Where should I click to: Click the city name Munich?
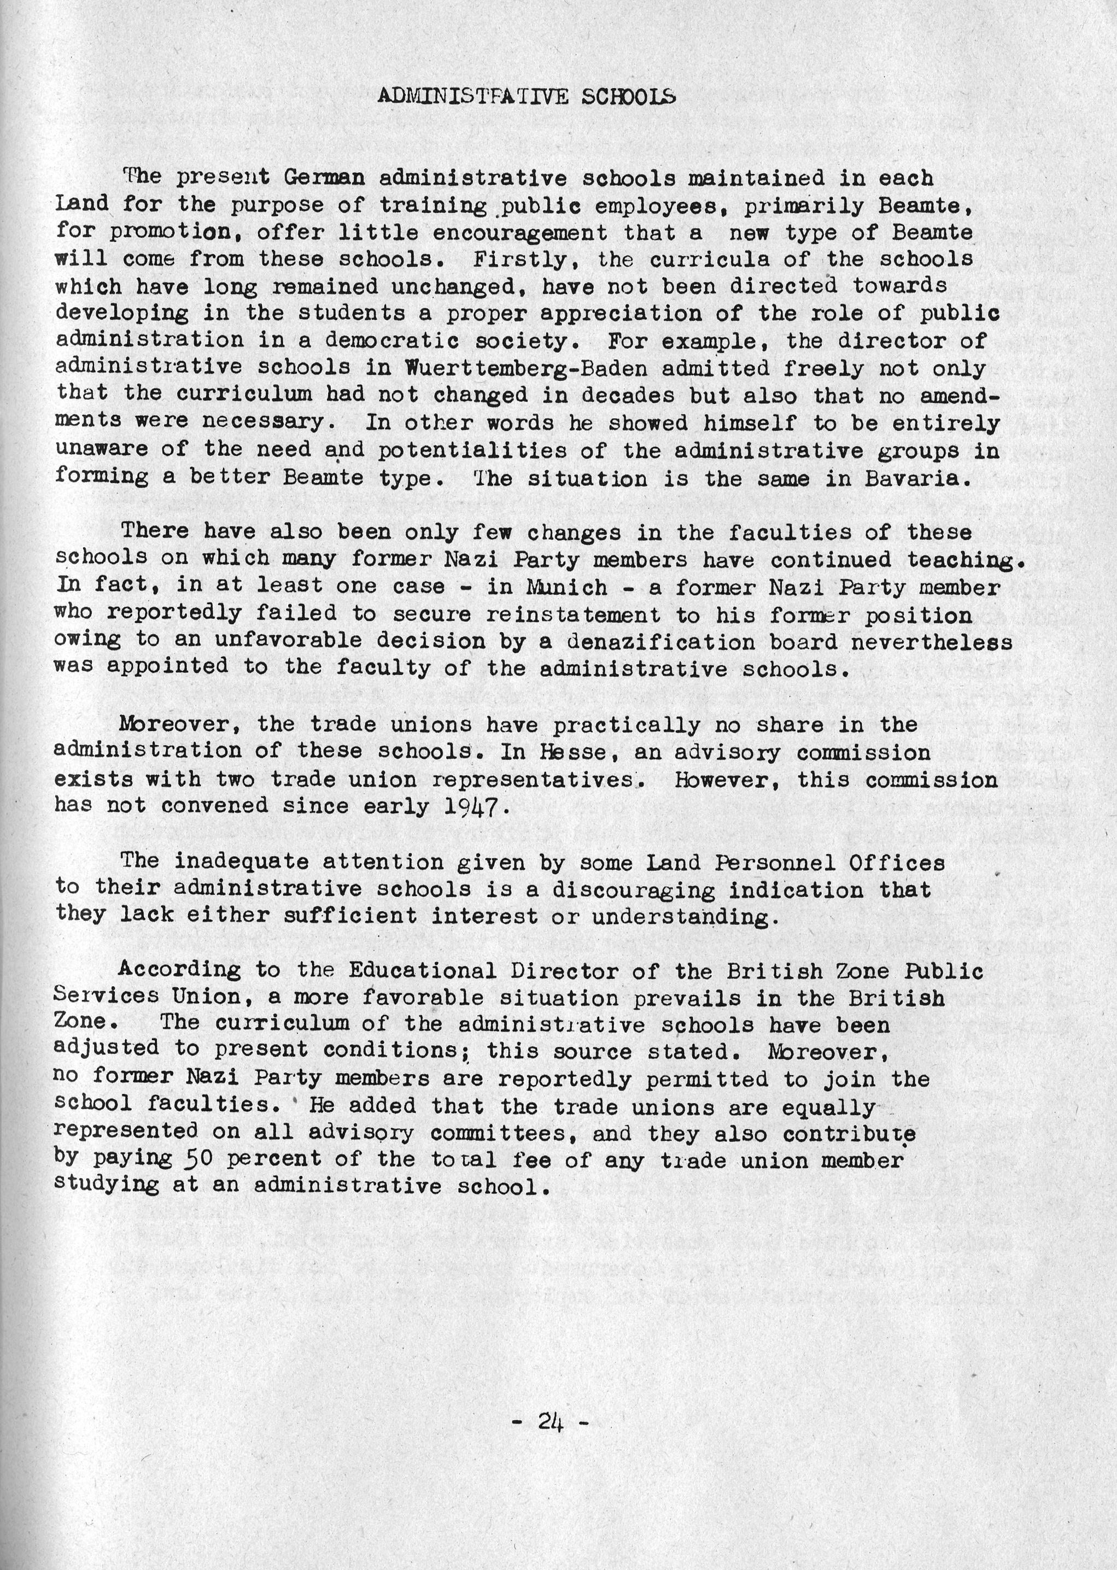[x=567, y=587]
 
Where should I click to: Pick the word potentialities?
[x=472, y=450]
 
